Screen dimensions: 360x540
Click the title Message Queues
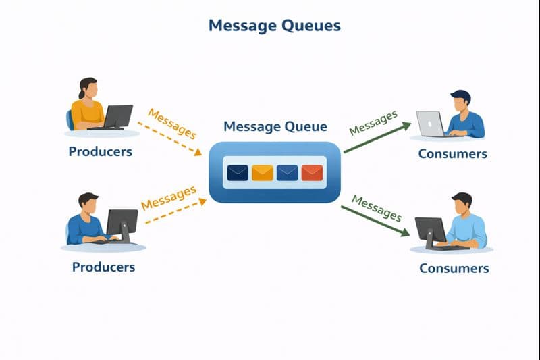pos(274,26)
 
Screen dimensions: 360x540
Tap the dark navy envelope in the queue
pos(238,173)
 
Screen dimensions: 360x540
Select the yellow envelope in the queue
pos(262,173)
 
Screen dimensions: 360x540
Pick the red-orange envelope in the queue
pos(312,173)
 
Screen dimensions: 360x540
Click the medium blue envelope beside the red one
pos(287,173)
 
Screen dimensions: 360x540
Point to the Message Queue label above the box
pos(275,126)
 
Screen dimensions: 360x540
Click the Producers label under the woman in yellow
pos(100,151)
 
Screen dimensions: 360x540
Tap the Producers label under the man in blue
pos(103,267)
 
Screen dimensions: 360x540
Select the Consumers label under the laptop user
pos(452,153)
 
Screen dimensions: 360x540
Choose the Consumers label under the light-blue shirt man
pos(454,268)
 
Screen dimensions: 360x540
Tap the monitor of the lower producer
pos(122,222)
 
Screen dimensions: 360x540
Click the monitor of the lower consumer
pos(429,230)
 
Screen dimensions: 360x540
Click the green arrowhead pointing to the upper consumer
pos(406,125)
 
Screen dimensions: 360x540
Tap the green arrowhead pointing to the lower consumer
pos(405,233)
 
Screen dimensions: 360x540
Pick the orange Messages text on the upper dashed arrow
pos(171,123)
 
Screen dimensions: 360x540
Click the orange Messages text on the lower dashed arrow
pos(168,199)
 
